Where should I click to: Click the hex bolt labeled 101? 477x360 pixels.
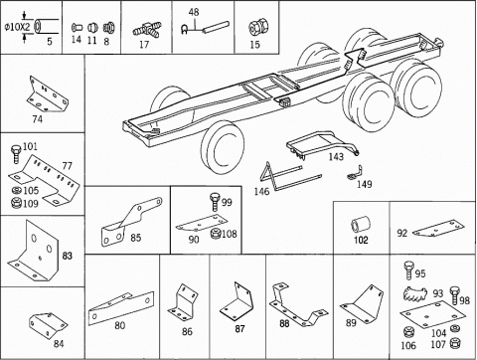coord(16,153)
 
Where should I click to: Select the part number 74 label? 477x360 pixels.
coord(38,119)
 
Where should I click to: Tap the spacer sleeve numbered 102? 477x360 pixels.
coord(361,225)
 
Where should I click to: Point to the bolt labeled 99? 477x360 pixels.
coord(215,202)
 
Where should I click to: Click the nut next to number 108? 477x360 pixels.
coord(216,234)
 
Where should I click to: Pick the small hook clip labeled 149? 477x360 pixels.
coord(355,173)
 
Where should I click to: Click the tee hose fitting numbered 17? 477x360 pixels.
coord(147,30)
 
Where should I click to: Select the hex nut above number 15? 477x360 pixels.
coord(256,27)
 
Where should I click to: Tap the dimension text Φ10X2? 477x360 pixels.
coord(19,27)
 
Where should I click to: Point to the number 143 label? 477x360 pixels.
coord(336,156)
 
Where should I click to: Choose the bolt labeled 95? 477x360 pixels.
coord(408,270)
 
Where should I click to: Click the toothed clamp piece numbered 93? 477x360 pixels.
coord(414,293)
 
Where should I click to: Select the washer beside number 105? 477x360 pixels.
coord(16,190)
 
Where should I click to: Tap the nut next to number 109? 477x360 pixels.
coord(16,203)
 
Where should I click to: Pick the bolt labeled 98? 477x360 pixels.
coord(454,296)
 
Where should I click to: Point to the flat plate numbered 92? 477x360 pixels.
coord(437,229)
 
